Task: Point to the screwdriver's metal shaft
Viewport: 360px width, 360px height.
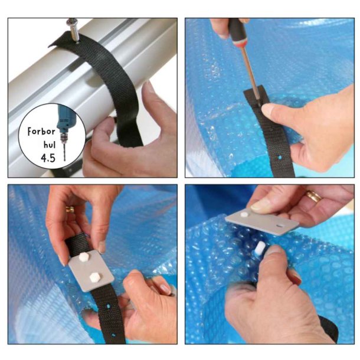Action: (248, 68)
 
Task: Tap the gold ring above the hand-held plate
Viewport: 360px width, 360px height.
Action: (313, 197)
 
